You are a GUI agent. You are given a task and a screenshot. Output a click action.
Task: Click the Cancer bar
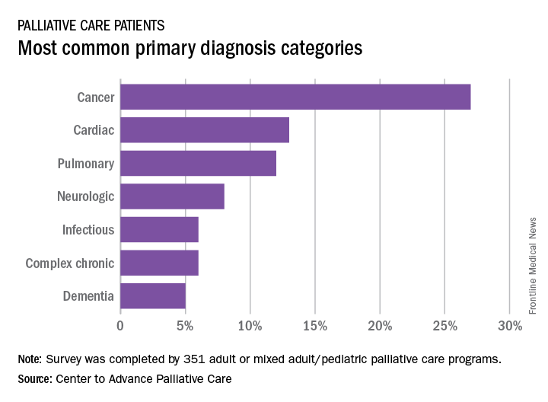(295, 97)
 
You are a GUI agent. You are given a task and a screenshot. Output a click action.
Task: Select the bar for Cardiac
(205, 130)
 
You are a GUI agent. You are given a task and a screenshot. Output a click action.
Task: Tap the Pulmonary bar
(198, 164)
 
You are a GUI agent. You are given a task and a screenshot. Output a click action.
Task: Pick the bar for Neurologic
(172, 196)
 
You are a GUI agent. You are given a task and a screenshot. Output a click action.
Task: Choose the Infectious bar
(159, 229)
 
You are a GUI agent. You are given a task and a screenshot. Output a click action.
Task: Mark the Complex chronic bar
(159, 263)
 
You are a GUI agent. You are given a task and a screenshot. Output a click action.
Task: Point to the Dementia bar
(153, 296)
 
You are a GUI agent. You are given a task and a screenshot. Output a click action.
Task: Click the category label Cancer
(95, 97)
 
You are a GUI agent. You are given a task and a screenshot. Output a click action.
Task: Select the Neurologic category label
(85, 196)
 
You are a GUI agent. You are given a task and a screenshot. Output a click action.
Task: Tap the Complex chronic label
(69, 263)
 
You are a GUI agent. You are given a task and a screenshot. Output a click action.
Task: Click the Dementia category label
(89, 296)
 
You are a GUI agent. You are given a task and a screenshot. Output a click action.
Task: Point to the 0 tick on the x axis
(120, 327)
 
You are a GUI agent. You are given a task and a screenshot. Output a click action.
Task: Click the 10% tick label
(250, 327)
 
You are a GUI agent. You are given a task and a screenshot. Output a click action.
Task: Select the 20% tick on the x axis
(380, 327)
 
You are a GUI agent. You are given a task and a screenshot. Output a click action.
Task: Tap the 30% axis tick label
(510, 327)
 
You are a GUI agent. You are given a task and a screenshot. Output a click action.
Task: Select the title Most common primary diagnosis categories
(190, 49)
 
